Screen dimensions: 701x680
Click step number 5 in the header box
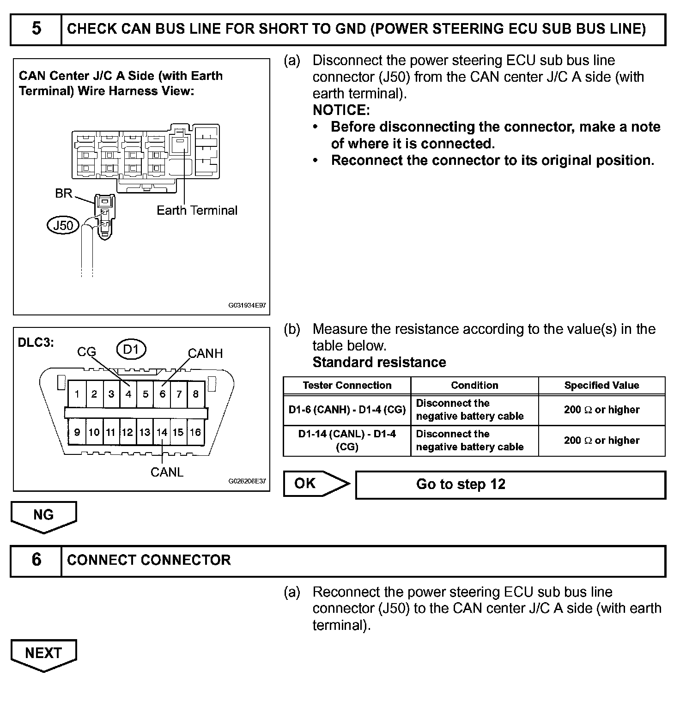coord(36,29)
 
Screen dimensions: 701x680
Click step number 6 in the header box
coord(36,560)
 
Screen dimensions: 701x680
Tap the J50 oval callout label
coord(63,225)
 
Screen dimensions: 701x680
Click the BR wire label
coord(63,193)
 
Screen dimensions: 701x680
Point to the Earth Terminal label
coord(197,211)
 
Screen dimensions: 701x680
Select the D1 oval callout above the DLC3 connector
coord(132,350)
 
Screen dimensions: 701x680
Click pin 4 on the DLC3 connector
coord(128,394)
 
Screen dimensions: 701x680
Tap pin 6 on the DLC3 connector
coord(162,394)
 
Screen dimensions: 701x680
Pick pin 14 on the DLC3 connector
coord(162,432)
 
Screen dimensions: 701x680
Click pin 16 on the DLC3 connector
coord(195,432)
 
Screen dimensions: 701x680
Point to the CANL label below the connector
coord(167,472)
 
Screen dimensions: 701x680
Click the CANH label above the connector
coord(205,354)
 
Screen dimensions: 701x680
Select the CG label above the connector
coord(86,352)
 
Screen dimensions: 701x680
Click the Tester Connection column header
coord(347,386)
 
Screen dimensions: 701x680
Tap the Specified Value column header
coord(601,386)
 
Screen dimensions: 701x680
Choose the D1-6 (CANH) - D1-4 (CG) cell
coord(347,410)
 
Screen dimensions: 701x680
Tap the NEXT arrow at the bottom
coord(43,654)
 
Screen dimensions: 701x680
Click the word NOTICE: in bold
coord(341,110)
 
